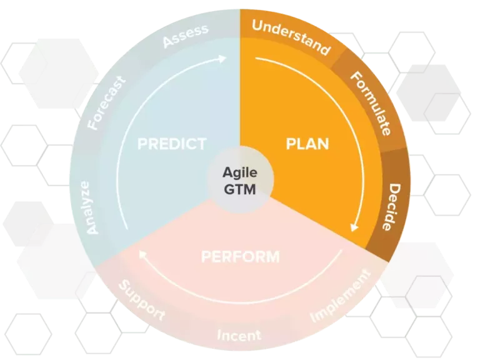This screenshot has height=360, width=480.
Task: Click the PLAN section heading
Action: click(x=307, y=144)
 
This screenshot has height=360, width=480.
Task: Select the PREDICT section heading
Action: click(x=172, y=144)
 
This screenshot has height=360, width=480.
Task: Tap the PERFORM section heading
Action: click(x=241, y=256)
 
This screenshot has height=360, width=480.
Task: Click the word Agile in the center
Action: click(x=240, y=173)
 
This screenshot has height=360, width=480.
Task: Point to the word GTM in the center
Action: click(x=240, y=189)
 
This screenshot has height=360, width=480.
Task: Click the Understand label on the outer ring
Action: click(x=291, y=37)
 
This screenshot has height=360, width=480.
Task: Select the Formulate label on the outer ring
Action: click(x=371, y=103)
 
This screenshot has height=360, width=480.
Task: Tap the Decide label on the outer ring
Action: click(x=391, y=207)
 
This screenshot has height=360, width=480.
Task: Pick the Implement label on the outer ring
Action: click(x=341, y=296)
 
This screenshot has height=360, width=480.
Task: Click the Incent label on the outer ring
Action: click(x=239, y=335)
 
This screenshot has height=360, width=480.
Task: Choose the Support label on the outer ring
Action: click(x=141, y=300)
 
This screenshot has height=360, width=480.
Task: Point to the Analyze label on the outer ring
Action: click(x=89, y=208)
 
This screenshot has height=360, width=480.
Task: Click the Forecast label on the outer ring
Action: click(x=106, y=103)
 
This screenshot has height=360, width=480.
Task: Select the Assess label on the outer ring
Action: click(x=186, y=36)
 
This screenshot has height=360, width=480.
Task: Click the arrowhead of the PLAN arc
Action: click(x=354, y=227)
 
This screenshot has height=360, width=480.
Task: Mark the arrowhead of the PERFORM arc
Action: click(x=142, y=254)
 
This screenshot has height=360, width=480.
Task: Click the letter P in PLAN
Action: click(x=291, y=144)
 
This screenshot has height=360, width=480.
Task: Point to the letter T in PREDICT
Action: click(x=201, y=144)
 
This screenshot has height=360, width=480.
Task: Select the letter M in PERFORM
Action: click(x=272, y=256)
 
